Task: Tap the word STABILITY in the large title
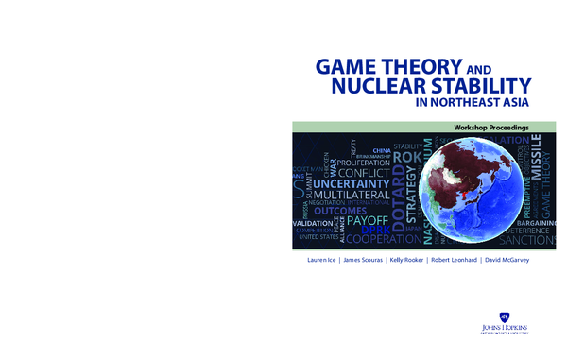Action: coord(480,88)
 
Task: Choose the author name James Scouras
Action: coord(364,258)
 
